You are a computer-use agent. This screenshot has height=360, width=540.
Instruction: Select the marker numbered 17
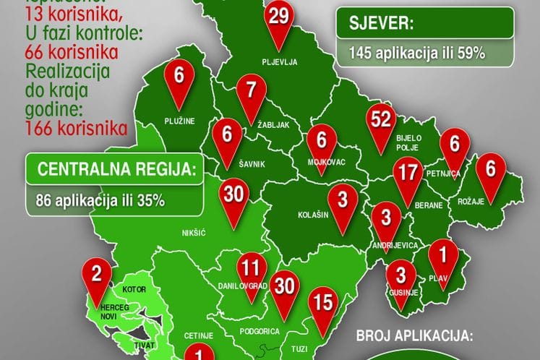click(x=408, y=175)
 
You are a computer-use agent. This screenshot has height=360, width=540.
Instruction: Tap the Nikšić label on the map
click(x=194, y=233)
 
